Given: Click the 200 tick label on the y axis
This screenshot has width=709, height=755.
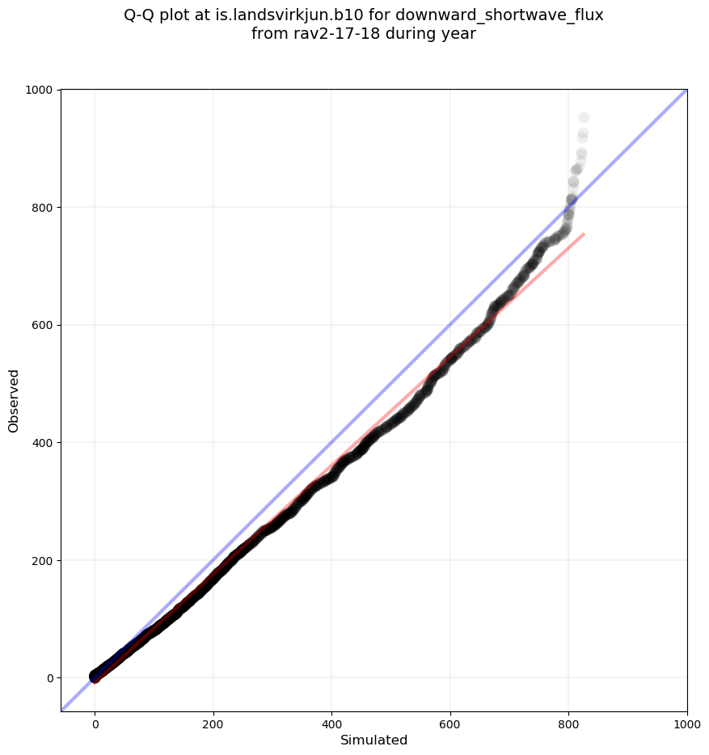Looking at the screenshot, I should tap(42, 560).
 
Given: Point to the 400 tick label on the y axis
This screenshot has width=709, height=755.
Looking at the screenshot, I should tap(42, 443).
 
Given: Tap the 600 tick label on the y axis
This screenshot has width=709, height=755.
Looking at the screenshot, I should tap(42, 325).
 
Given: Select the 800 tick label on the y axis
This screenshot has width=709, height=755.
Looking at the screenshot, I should tap(42, 208).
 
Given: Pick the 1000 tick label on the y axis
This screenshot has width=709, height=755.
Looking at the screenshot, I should tap(40, 90).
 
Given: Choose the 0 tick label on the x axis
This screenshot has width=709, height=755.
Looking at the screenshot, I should tap(95, 725).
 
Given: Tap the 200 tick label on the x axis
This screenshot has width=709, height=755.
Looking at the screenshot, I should tap(213, 725).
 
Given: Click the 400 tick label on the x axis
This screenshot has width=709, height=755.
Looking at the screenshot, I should tap(331, 725).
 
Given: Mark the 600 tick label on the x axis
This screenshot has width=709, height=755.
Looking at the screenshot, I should tap(450, 725).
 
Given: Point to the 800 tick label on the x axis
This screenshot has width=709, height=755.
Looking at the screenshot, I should tap(568, 725).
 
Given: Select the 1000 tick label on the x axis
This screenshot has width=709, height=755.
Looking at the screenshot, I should tap(686, 725).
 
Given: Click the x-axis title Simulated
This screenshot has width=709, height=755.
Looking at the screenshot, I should tap(373, 740).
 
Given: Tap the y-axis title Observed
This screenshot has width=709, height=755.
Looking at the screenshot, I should tap(14, 400).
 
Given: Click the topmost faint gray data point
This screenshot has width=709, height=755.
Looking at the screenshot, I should tap(584, 118).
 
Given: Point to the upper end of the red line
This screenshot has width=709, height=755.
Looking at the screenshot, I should tap(584, 234).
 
